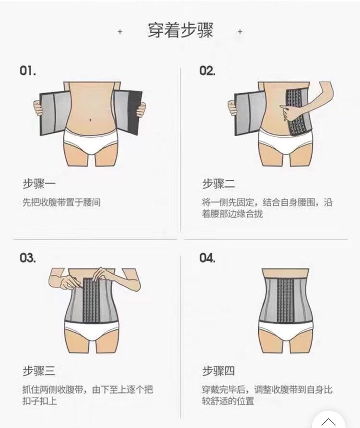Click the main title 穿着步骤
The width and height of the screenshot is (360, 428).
tap(180, 30)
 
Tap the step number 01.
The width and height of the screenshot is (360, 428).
tap(28, 71)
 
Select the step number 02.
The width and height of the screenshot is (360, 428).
tap(207, 71)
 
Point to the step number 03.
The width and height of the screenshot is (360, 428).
tap(28, 258)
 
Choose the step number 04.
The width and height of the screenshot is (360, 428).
tap(207, 258)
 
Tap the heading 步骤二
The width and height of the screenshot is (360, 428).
tap(218, 184)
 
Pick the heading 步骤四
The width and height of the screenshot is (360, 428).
tap(218, 371)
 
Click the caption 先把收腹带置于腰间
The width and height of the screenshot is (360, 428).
tap(61, 202)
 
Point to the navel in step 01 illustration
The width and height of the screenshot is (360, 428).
tap(90, 121)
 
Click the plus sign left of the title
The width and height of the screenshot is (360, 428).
tap(120, 31)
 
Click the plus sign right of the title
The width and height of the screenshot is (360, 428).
tap(240, 31)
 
